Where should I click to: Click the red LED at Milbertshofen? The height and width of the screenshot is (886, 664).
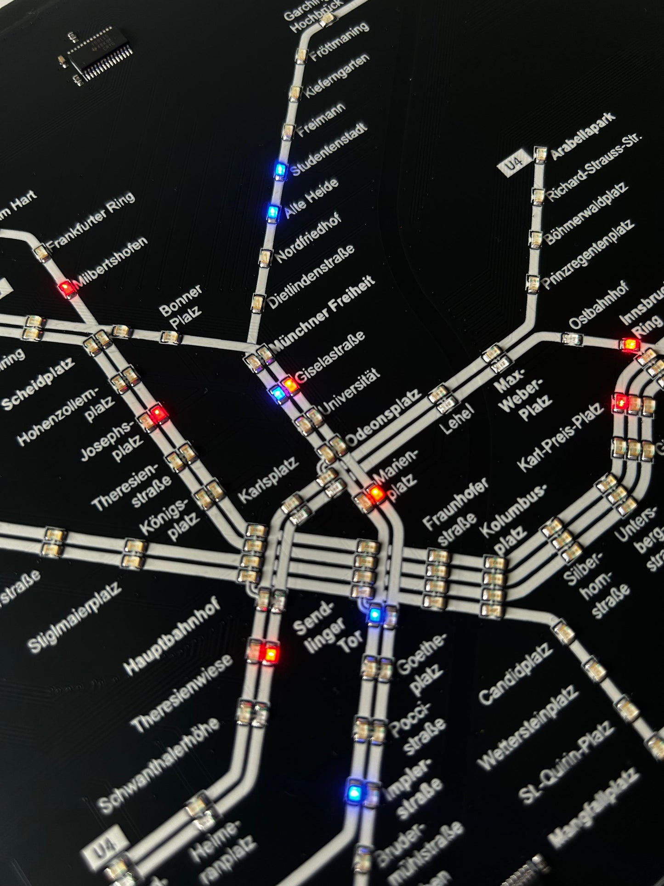click(x=67, y=289)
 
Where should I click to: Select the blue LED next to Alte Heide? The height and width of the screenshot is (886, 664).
click(x=273, y=212)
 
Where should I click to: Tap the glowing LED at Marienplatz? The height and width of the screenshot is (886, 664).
click(x=376, y=493)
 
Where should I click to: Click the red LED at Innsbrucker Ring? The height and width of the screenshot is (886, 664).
click(x=629, y=344)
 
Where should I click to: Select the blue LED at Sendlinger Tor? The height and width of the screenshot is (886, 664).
click(x=375, y=614)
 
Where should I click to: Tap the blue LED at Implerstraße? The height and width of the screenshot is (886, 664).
click(x=354, y=792)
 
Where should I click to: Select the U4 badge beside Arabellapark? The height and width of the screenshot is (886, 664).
click(x=514, y=163)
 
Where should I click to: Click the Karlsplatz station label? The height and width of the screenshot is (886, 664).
click(x=268, y=480)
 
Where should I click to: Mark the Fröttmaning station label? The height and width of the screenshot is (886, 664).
click(x=340, y=41)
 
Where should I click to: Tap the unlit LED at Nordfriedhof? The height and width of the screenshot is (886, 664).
click(x=266, y=257)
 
